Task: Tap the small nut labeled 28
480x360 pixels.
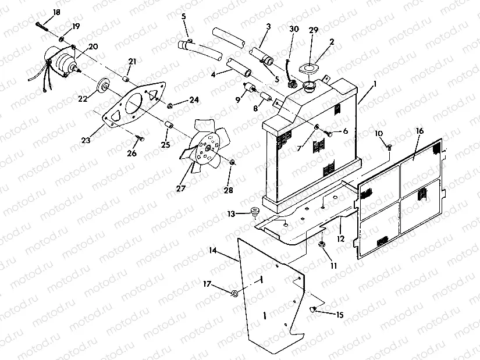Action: coord(232,161)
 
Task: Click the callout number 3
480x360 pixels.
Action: coord(268,27)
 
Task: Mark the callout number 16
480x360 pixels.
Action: coord(419,132)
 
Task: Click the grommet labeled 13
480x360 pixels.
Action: coord(255,211)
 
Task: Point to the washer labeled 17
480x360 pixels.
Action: coord(234,292)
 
